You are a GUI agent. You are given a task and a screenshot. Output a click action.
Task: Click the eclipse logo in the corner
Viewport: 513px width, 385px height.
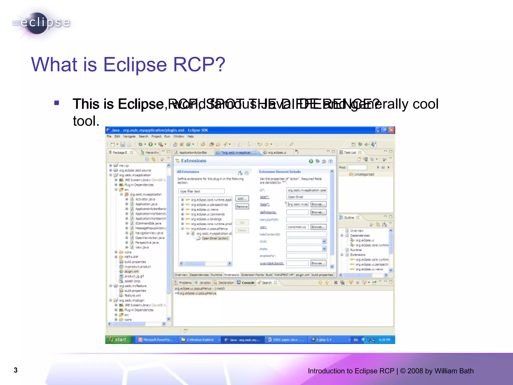pos(41,23)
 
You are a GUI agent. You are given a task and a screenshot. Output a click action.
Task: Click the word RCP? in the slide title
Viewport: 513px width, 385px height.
pos(199,65)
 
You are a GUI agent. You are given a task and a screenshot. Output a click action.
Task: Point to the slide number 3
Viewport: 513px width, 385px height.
pos(16,370)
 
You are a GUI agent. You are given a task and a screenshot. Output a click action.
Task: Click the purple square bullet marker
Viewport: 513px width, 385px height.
pos(57,103)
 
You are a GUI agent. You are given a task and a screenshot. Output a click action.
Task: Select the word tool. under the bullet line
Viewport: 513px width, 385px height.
pos(86,121)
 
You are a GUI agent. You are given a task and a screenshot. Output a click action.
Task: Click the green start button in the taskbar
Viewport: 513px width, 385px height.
pos(118,340)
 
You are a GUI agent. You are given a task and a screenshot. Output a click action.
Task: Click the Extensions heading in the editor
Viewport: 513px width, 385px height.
pos(193,161)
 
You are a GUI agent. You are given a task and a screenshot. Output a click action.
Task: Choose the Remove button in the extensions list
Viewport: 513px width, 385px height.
pos(242,207)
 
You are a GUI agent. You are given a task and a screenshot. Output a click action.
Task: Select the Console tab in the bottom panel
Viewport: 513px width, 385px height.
pos(248,283)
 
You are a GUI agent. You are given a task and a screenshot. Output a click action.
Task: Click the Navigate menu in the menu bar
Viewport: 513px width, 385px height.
pos(129,136)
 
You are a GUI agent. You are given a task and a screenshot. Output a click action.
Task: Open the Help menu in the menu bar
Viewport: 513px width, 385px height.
pos(191,136)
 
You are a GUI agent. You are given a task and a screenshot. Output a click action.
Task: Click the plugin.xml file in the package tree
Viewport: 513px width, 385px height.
pos(131,271)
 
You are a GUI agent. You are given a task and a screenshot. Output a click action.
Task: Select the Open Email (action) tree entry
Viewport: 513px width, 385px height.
pos(215,238)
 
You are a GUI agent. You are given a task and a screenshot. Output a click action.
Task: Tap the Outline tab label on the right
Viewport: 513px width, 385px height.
pos(349,218)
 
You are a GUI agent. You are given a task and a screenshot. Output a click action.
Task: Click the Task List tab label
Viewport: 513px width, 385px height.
pos(350,152)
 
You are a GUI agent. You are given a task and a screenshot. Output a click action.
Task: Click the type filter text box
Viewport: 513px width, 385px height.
pos(201,191)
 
